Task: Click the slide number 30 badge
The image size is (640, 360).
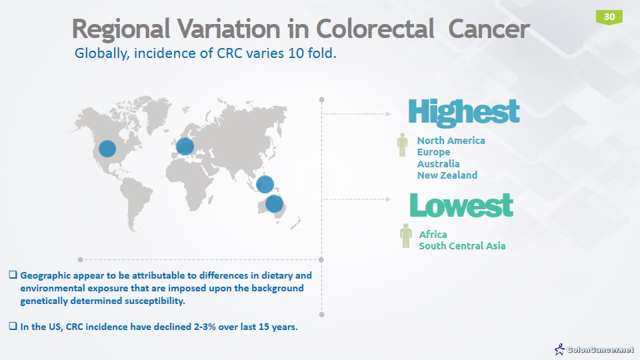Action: (609, 17)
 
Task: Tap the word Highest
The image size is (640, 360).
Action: (463, 112)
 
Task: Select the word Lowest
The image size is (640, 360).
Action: (461, 205)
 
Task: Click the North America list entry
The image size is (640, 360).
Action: (451, 141)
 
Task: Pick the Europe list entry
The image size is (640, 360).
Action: (433, 152)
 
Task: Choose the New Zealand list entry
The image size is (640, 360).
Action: (447, 175)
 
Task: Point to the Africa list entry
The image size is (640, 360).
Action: (433, 235)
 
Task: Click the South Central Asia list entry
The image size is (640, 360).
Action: (462, 246)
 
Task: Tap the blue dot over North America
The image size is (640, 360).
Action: (107, 148)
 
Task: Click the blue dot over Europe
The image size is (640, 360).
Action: (185, 146)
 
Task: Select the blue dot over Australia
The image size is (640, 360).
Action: (274, 203)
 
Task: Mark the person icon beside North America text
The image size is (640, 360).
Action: (402, 145)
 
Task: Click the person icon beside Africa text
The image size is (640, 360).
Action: (405, 236)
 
